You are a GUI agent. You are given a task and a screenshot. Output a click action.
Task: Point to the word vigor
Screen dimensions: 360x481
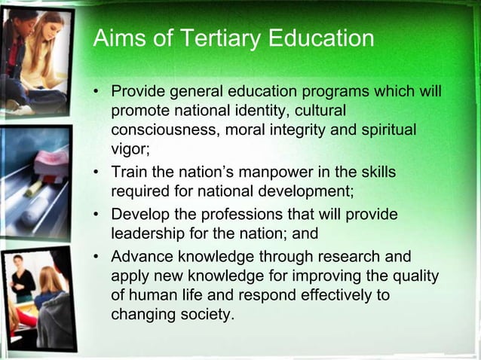coord(130,148)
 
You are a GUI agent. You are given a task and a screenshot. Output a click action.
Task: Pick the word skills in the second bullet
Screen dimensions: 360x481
coord(375,173)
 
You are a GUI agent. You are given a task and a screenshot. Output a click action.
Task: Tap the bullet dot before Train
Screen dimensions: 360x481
coord(97,174)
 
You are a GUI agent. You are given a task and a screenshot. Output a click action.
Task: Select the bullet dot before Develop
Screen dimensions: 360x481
coord(97,215)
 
